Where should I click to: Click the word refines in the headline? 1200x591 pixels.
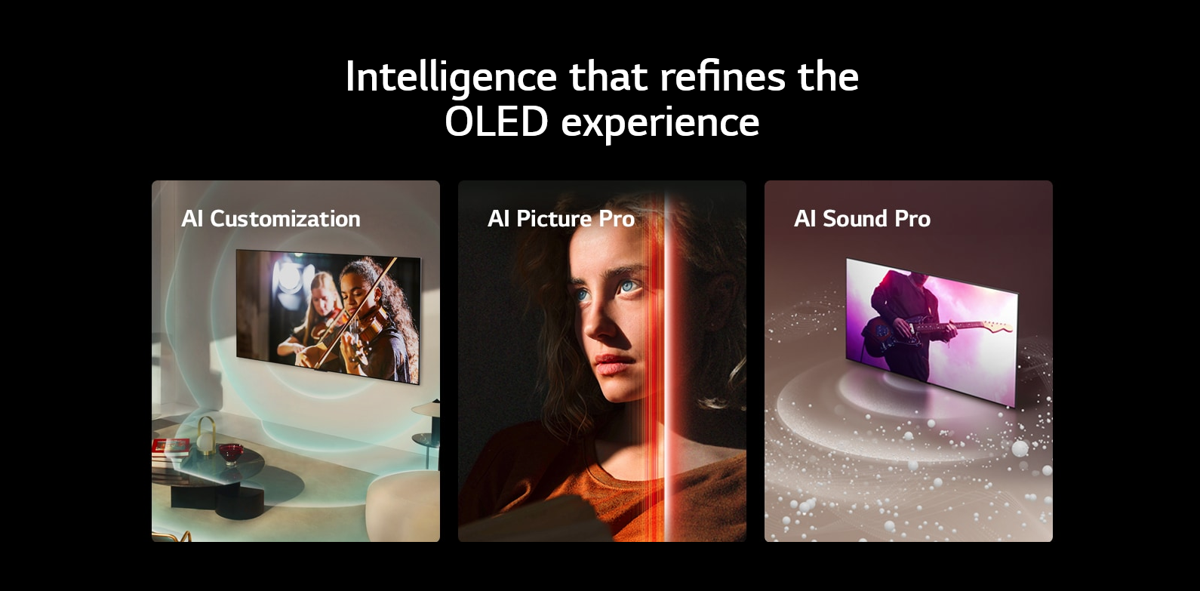click(x=722, y=77)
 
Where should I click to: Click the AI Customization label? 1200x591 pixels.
click(x=270, y=219)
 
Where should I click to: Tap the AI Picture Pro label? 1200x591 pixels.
click(x=561, y=219)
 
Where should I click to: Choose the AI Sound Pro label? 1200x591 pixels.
click(x=862, y=219)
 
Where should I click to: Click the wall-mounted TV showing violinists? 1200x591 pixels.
click(x=328, y=316)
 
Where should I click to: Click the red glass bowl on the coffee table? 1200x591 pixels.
click(x=231, y=453)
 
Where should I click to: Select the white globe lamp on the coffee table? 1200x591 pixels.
click(x=206, y=442)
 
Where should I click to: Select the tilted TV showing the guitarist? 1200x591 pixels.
click(x=931, y=332)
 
